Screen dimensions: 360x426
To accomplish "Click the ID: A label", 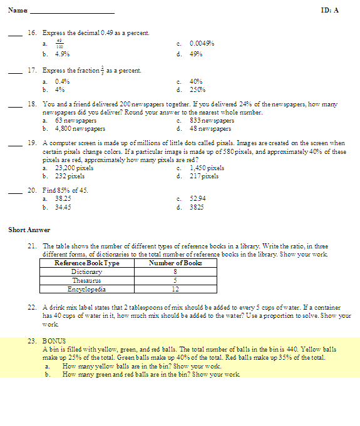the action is [x=329, y=11].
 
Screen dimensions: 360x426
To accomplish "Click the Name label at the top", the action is [x=18, y=11].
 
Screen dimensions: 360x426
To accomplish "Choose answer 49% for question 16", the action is [x=195, y=54].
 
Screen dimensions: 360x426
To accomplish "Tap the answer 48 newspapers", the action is [x=210, y=128].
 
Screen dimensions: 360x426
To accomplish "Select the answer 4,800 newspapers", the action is [x=80, y=128].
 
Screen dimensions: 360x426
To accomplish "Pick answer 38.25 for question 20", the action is [x=63, y=197].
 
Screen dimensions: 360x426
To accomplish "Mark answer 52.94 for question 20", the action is [x=198, y=197].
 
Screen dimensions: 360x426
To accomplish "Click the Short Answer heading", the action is [x=24, y=230].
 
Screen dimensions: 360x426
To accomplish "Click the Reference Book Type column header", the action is [x=86, y=263].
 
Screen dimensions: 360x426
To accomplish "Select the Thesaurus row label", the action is [x=86, y=281].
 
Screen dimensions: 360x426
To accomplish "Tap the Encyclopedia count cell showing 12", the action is [x=175, y=290].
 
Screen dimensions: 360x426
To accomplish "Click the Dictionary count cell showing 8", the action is [x=175, y=272].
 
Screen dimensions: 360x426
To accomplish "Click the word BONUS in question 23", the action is [x=54, y=341].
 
